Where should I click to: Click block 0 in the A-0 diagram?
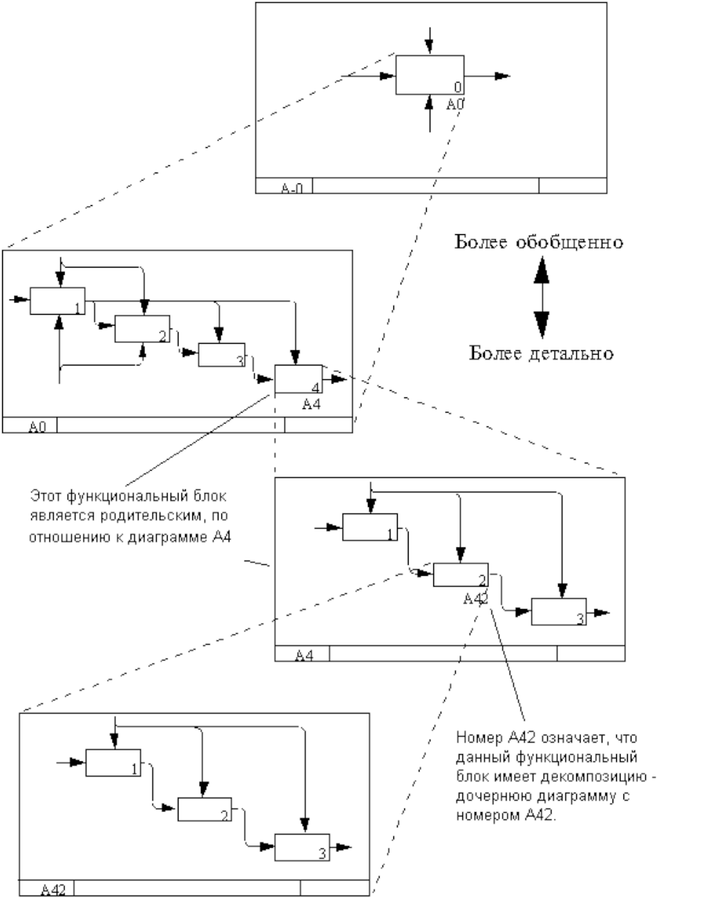pos(430,75)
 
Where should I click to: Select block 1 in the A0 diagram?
pos(57,301)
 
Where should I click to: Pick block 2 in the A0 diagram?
pos(142,328)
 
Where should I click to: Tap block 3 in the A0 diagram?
pos(223,355)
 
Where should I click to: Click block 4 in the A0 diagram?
pos(298,379)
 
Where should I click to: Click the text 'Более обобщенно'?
pos(539,241)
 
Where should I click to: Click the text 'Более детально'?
pos(541,353)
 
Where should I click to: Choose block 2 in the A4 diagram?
pos(461,574)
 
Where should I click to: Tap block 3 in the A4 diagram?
pos(558,611)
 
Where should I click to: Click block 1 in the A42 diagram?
pos(113,762)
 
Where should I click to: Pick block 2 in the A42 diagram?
pos(205,809)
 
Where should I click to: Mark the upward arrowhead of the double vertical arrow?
pos(541,271)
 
